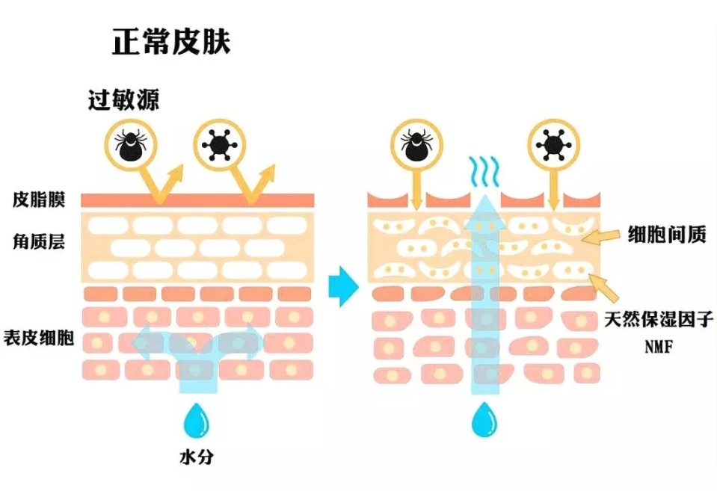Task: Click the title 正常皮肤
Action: coord(171,41)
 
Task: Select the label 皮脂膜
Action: coord(39,200)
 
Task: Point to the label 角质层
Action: coord(39,243)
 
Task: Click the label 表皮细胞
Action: coord(39,338)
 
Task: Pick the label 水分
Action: coord(197,456)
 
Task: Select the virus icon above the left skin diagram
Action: coord(218,143)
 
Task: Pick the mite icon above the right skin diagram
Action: coord(416,143)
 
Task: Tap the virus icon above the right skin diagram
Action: coord(553,143)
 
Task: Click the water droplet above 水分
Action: coord(197,420)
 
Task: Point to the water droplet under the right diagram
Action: coord(484,420)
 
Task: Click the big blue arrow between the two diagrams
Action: coord(344,285)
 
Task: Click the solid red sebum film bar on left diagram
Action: coord(197,200)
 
